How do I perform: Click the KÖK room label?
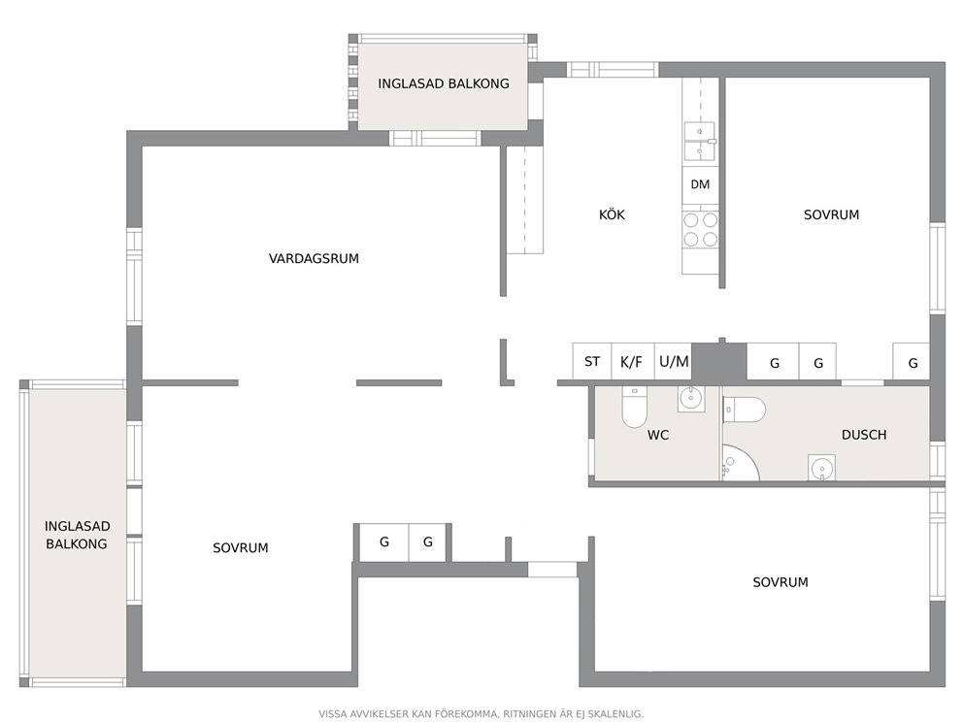click(x=612, y=214)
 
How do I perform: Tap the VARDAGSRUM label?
click(x=314, y=258)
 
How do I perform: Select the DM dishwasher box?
click(x=700, y=184)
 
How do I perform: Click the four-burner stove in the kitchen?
click(x=700, y=229)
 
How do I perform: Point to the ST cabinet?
click(x=592, y=361)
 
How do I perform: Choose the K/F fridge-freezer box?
click(x=633, y=361)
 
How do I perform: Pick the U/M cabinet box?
click(x=673, y=361)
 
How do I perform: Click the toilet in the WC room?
click(x=635, y=407)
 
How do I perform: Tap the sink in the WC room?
click(x=691, y=399)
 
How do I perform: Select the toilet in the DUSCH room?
click(x=744, y=410)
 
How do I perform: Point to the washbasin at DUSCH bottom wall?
click(x=821, y=468)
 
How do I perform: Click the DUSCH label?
click(x=864, y=435)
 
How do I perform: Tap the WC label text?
click(x=658, y=436)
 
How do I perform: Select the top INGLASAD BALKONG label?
click(x=444, y=83)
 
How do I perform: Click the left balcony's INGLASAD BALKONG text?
click(x=77, y=535)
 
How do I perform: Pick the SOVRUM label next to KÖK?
click(x=832, y=214)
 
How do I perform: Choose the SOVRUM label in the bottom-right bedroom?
click(x=780, y=582)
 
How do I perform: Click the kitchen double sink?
click(x=700, y=141)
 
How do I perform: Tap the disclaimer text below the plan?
click(x=481, y=714)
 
